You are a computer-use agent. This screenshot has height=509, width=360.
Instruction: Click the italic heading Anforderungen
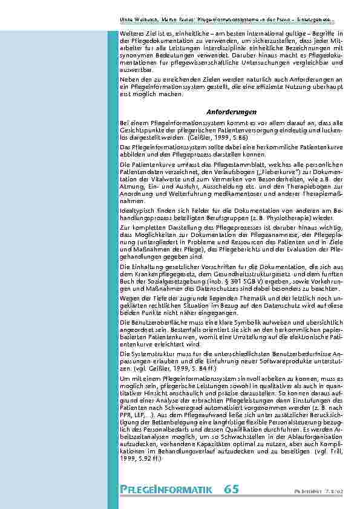tap(223, 112)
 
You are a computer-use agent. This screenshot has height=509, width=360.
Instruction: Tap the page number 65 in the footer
tap(230, 488)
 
